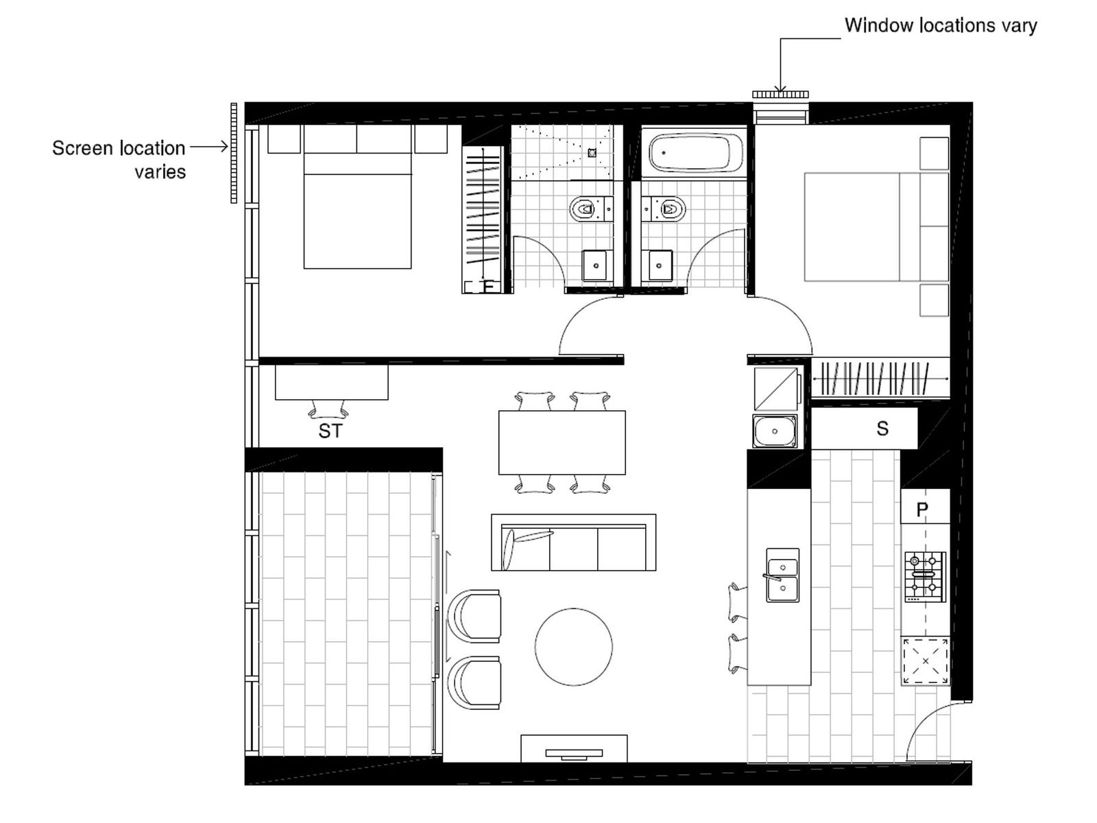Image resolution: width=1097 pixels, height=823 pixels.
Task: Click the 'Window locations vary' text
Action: click(940, 26)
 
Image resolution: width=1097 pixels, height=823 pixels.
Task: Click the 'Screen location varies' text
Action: click(120, 159)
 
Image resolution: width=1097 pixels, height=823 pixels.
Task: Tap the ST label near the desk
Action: click(330, 431)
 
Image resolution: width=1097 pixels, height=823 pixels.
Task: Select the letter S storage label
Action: click(882, 429)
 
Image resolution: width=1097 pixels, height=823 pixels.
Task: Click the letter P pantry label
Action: click(922, 510)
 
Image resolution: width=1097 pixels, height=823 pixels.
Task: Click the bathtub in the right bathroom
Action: click(696, 154)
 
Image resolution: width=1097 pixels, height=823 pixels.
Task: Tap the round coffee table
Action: click(574, 647)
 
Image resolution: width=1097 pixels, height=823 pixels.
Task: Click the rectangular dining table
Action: click(562, 442)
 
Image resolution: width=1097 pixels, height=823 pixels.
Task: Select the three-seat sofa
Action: click(573, 543)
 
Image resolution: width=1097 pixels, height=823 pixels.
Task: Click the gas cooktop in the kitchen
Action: click(925, 576)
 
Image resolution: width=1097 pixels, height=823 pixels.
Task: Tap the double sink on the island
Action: click(782, 575)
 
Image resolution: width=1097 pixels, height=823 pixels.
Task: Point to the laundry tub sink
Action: click(775, 431)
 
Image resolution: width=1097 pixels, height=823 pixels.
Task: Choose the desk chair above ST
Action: click(328, 409)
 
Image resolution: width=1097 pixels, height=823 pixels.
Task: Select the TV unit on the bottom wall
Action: click(573, 749)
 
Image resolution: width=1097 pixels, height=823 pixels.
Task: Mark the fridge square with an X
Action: click(926, 661)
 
